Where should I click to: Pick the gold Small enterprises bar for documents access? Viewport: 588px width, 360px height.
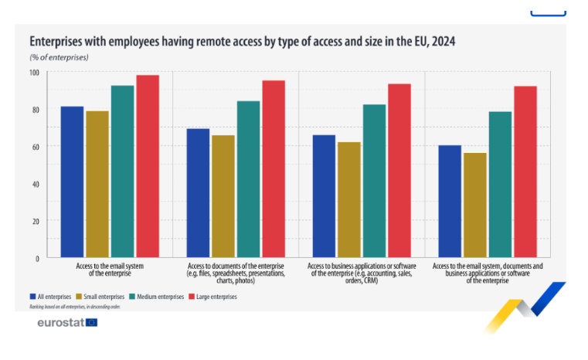[x=224, y=196]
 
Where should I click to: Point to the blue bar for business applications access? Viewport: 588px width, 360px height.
[x=324, y=196]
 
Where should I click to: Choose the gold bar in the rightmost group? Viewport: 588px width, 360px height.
[x=475, y=205]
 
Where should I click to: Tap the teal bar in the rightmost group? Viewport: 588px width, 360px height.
[x=500, y=185]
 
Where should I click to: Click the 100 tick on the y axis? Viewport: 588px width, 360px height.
[x=34, y=73]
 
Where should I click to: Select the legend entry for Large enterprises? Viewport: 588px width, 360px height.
[x=212, y=297]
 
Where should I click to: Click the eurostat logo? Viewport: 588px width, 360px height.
[x=67, y=322]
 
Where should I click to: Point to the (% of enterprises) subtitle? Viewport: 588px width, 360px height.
[x=59, y=57]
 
